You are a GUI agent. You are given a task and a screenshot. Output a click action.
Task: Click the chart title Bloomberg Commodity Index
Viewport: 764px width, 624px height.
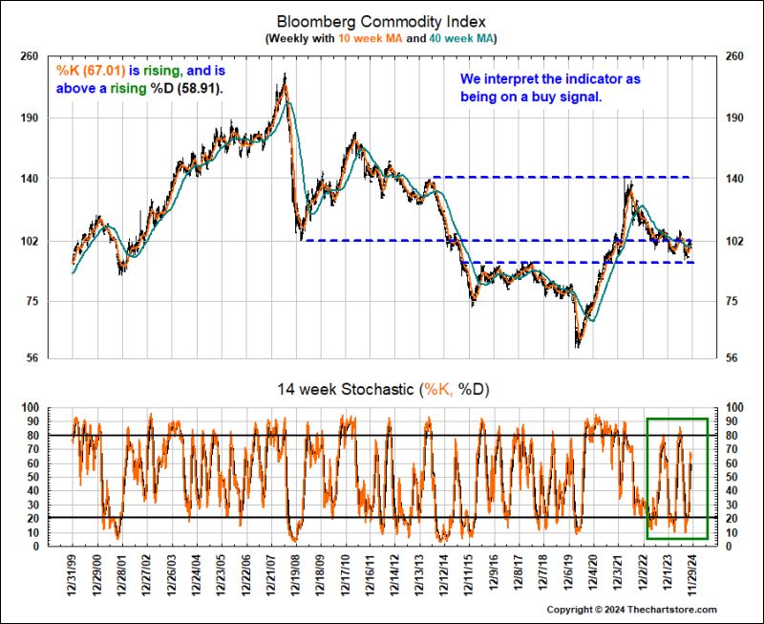click(x=381, y=20)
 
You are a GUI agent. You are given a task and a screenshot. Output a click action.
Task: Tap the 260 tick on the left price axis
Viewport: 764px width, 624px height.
click(x=30, y=56)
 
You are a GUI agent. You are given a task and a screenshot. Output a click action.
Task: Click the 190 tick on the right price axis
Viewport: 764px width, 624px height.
click(x=733, y=118)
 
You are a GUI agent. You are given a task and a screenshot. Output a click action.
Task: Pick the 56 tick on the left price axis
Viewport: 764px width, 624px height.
click(x=32, y=359)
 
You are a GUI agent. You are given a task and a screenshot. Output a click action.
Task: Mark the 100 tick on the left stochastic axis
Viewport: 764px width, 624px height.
click(x=30, y=408)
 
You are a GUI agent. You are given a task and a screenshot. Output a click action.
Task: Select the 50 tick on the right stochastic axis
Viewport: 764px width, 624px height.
click(x=731, y=477)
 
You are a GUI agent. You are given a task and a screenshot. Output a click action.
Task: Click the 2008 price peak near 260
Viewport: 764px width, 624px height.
click(x=285, y=75)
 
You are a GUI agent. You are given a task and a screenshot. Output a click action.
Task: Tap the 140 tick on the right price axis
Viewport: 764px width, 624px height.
click(x=733, y=179)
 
